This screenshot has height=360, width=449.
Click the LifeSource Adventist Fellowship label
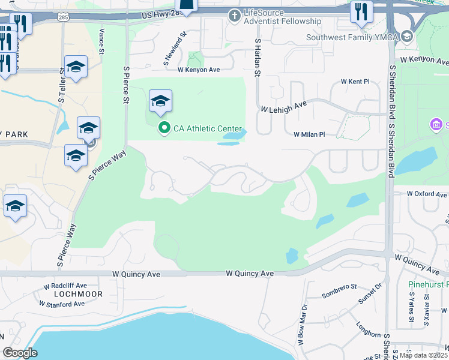283,21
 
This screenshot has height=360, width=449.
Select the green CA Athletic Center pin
163,128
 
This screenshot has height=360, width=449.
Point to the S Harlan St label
258,58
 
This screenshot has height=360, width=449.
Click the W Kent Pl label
355,81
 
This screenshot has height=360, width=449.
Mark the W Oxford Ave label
427,194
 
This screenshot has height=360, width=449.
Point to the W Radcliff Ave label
65,285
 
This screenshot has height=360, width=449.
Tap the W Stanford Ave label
62,304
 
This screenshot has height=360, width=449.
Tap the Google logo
20,353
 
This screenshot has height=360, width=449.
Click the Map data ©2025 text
423,355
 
